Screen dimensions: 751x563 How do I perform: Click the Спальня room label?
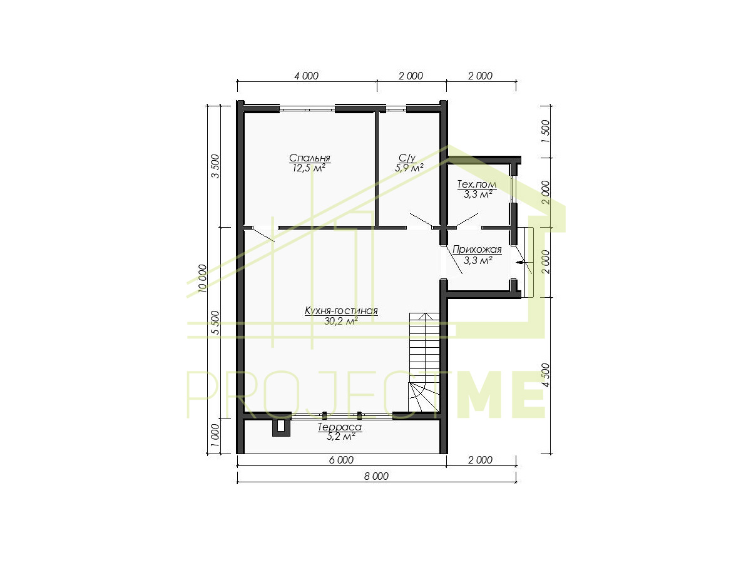click(310, 158)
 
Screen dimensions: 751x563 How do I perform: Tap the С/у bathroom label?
click(407, 158)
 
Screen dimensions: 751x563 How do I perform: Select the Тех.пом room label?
click(477, 185)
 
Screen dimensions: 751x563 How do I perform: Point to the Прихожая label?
click(477, 250)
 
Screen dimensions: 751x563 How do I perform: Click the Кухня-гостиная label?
click(341, 311)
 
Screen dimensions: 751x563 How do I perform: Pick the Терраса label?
click(340, 427)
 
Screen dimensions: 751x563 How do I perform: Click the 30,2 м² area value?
click(341, 321)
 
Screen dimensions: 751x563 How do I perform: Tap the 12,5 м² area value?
click(309, 168)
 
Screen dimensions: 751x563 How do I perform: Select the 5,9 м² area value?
click(409, 168)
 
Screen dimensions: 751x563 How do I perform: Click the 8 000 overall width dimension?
click(376, 476)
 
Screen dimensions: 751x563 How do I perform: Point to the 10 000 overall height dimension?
click(202, 278)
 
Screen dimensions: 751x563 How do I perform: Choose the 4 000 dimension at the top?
click(306, 76)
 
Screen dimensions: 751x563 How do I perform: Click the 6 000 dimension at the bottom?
click(341, 460)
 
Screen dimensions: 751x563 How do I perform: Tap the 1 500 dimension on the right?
click(546, 131)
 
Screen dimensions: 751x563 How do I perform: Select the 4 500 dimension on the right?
click(546, 375)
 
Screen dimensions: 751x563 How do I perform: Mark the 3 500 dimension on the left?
click(215, 166)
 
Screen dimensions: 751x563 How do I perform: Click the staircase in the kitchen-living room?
click(424, 362)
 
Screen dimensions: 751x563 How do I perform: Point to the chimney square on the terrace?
click(281, 429)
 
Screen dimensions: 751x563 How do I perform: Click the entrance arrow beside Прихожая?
click(519, 263)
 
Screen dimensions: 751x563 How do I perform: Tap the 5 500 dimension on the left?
click(215, 323)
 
